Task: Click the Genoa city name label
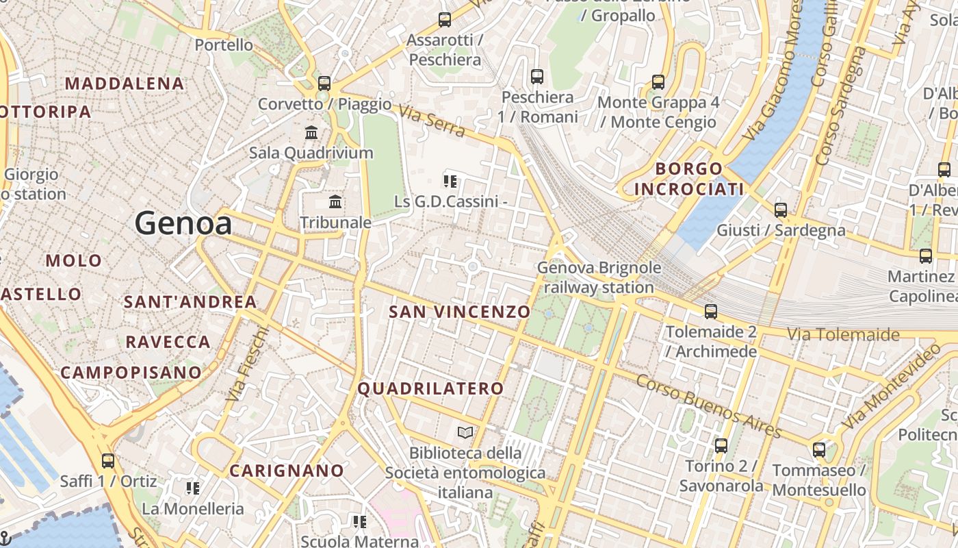(183, 223)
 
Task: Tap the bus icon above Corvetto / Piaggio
(324, 84)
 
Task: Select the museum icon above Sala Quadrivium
(311, 132)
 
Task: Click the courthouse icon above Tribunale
(335, 201)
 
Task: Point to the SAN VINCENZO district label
(460, 312)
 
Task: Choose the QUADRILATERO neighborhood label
(431, 388)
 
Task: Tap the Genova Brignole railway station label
(599, 277)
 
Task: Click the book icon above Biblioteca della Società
(465, 432)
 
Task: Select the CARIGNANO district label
(287, 471)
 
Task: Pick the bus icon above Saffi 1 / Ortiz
(107, 460)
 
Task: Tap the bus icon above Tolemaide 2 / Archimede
(711, 312)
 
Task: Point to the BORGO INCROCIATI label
(688, 178)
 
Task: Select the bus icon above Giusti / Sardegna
(781, 210)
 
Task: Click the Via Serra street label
(432, 121)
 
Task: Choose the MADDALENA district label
(125, 84)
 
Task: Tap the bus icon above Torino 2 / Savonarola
(721, 446)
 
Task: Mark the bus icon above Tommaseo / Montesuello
(819, 450)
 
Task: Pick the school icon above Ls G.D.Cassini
(450, 181)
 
